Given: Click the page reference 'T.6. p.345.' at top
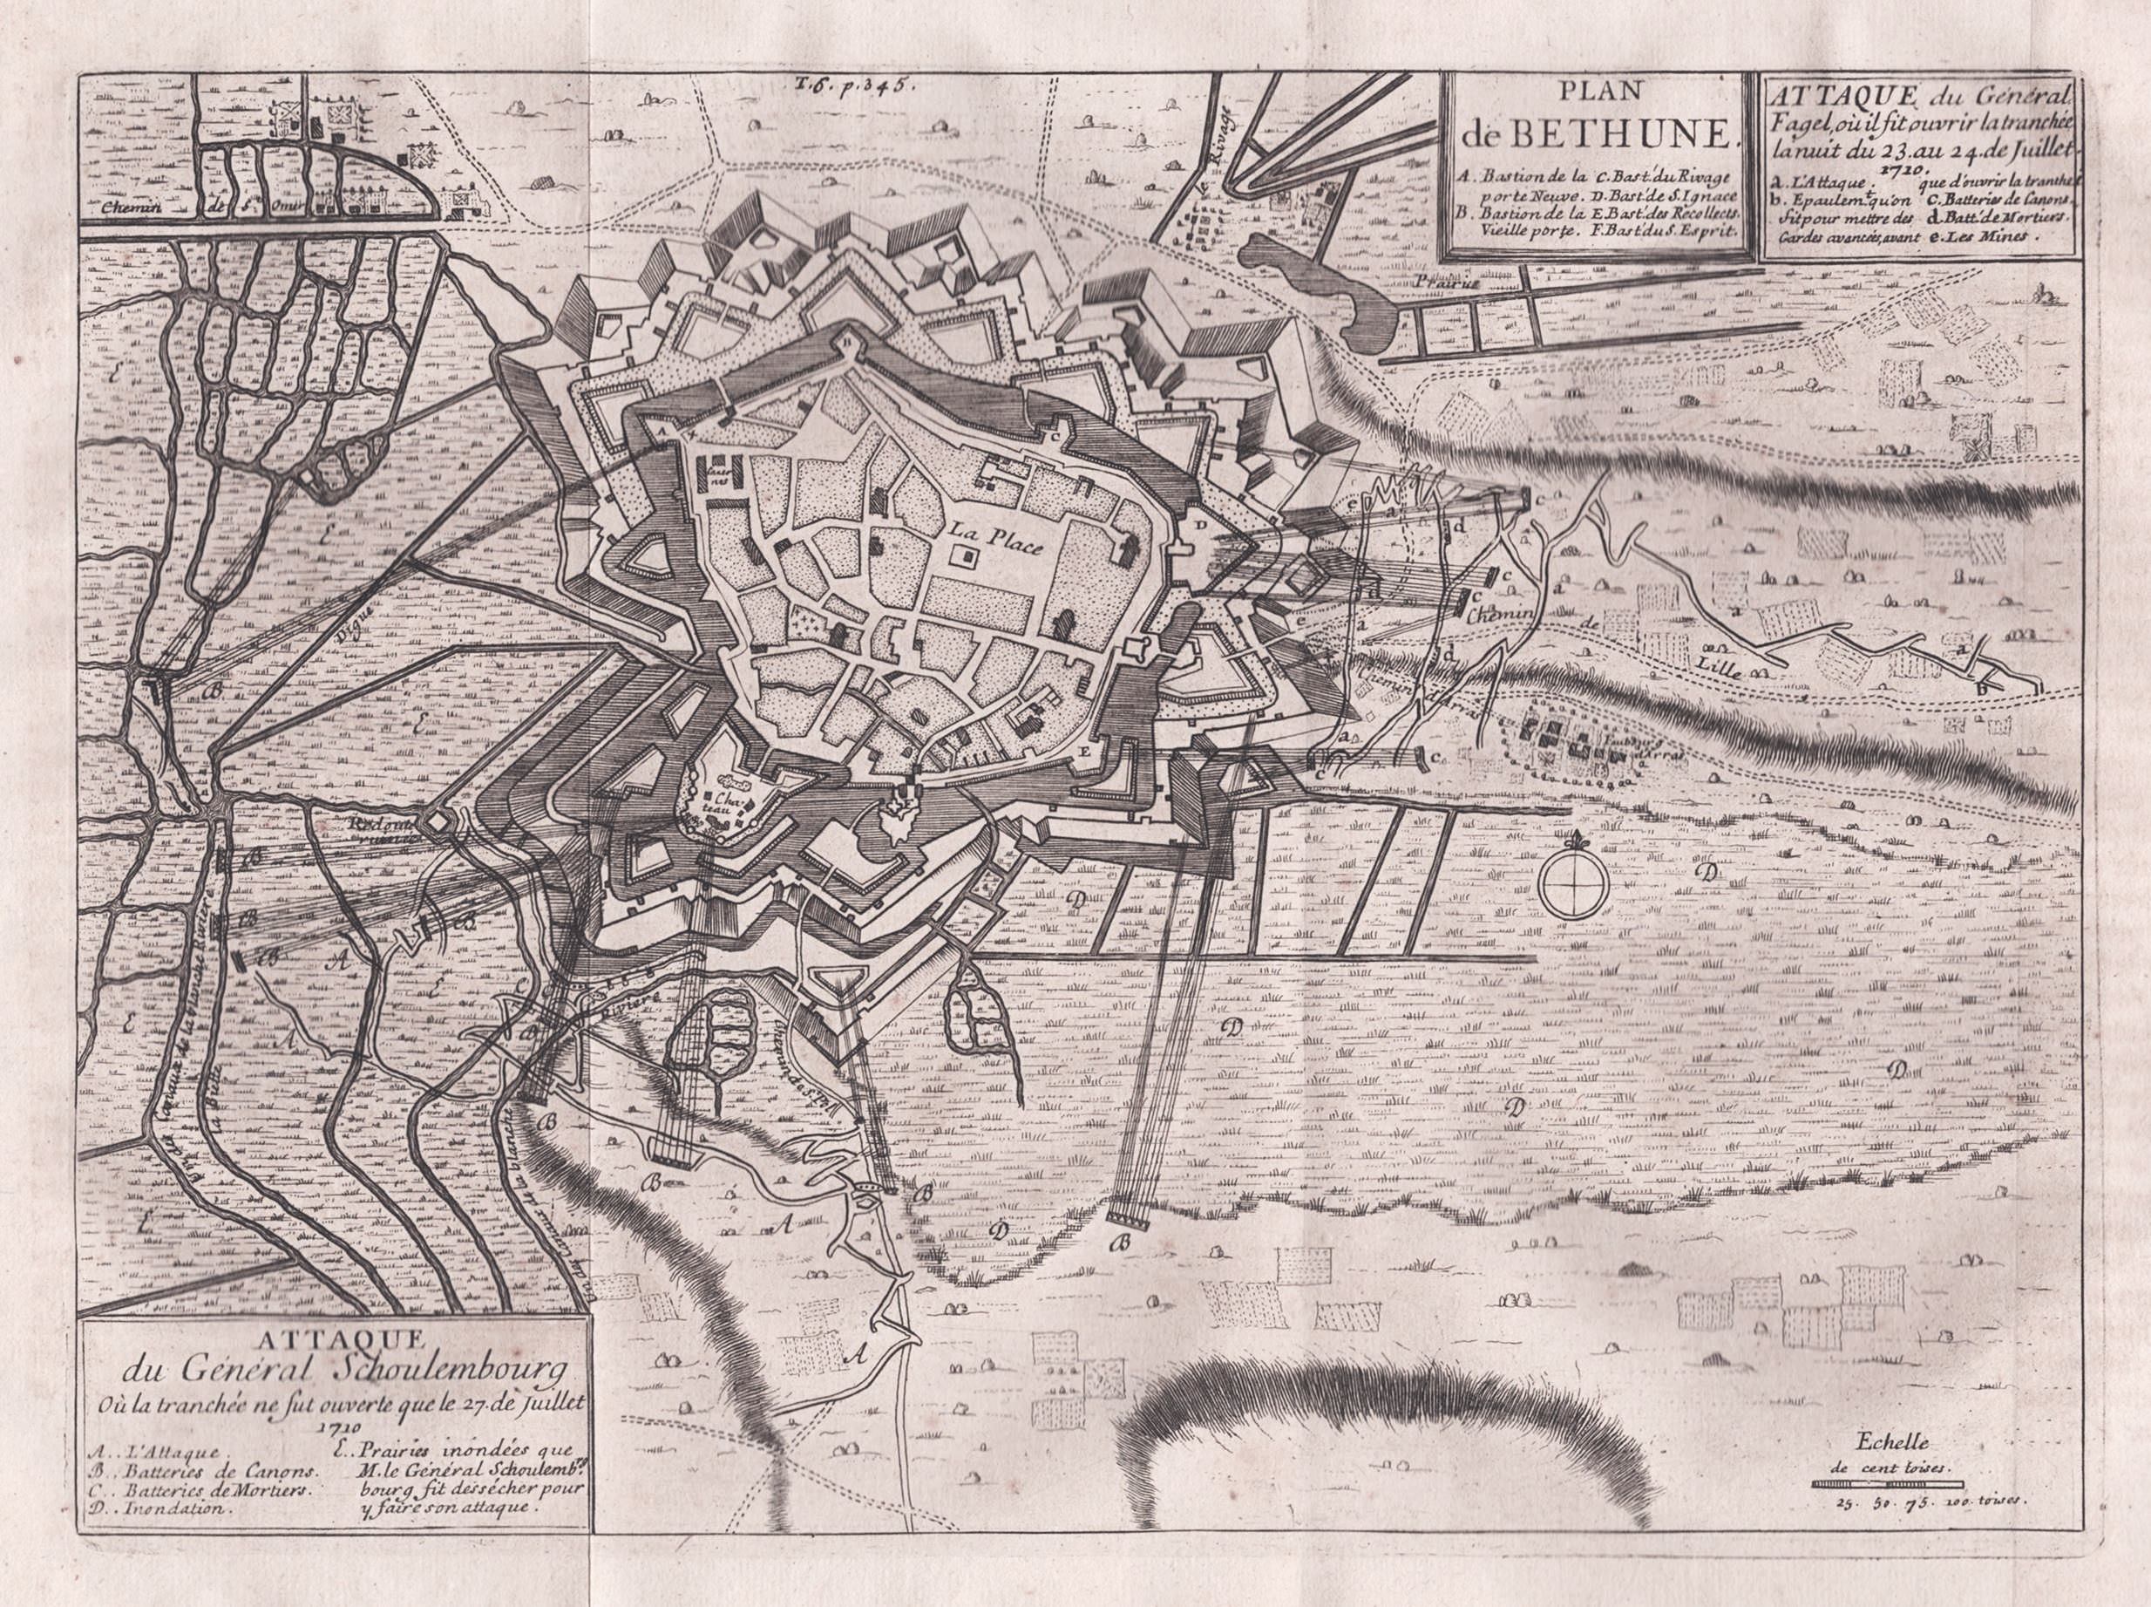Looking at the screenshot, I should (848, 85).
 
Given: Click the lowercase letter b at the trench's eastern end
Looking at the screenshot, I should (1980, 689).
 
